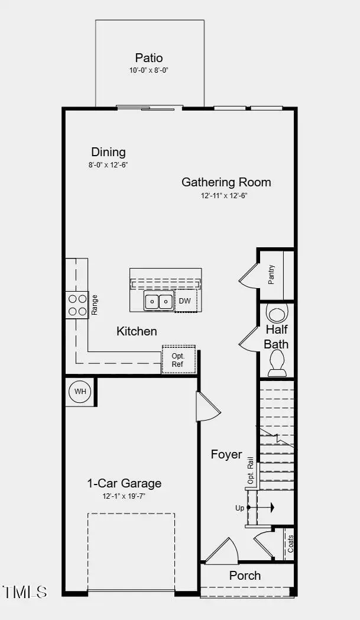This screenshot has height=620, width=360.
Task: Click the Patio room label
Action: pos(149,58)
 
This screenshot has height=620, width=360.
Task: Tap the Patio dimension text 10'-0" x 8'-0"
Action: pos(149,70)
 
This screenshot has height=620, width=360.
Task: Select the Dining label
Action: pos(108,152)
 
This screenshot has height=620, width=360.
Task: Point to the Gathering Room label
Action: pos(226,182)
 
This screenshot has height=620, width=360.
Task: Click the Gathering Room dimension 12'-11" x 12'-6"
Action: pos(226,195)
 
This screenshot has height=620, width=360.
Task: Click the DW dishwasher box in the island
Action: pos(185,301)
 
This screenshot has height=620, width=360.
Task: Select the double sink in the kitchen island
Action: pos(158,301)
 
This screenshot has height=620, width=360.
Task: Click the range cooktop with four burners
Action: pos(77,305)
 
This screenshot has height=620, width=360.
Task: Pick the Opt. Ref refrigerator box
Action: pos(178,360)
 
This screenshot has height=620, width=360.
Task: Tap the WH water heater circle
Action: pos(79,392)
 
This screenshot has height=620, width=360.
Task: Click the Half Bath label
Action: pos(276,337)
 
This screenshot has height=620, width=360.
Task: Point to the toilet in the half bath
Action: pos(277,363)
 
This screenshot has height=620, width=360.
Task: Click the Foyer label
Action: pos(226,454)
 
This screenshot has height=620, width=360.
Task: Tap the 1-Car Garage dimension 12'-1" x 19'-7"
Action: pos(124,496)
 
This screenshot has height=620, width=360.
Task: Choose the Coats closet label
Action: pos(290,544)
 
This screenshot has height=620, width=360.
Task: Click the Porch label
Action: pos(245,576)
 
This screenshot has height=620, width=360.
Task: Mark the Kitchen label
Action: pos(137,331)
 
